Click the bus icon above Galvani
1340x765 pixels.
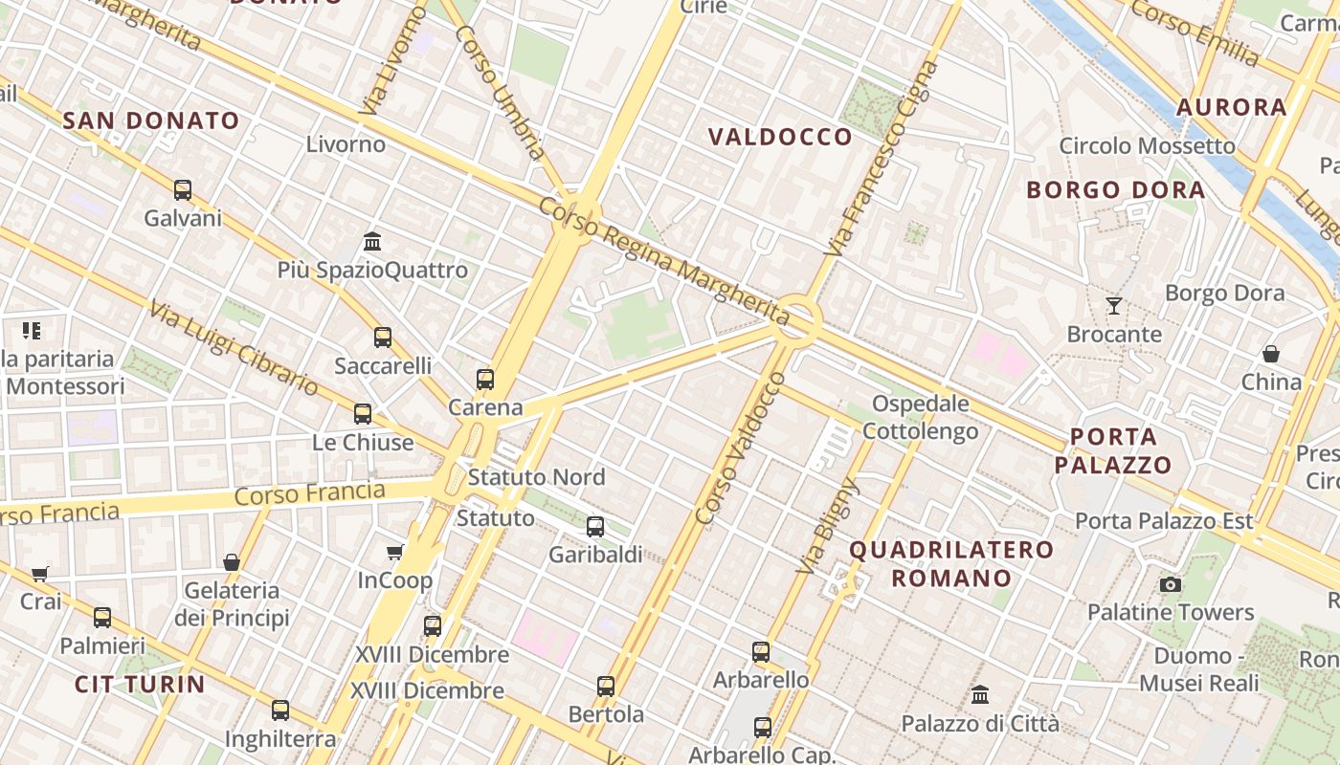click(183, 190)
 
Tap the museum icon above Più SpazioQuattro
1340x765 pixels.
click(372, 241)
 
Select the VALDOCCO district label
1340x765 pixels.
click(780, 137)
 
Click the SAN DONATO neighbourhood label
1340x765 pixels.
click(151, 120)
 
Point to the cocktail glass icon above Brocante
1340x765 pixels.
click(1114, 306)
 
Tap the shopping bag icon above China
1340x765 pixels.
click(1271, 354)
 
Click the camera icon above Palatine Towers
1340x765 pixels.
click(1170, 584)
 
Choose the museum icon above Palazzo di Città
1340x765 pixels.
click(980, 694)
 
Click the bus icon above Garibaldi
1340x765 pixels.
click(594, 526)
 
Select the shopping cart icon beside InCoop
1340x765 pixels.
click(394, 552)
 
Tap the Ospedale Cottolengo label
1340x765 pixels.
click(921, 418)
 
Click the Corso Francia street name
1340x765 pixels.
click(309, 494)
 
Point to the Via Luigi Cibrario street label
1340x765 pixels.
click(234, 347)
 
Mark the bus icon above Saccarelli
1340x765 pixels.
click(383, 337)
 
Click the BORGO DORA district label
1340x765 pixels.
click(1115, 189)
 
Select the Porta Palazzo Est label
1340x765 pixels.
click(1164, 521)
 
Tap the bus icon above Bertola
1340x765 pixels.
click(606, 686)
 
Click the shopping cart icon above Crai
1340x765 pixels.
click(40, 574)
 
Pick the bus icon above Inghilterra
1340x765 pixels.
click(279, 710)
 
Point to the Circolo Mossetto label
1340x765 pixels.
click(1147, 146)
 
